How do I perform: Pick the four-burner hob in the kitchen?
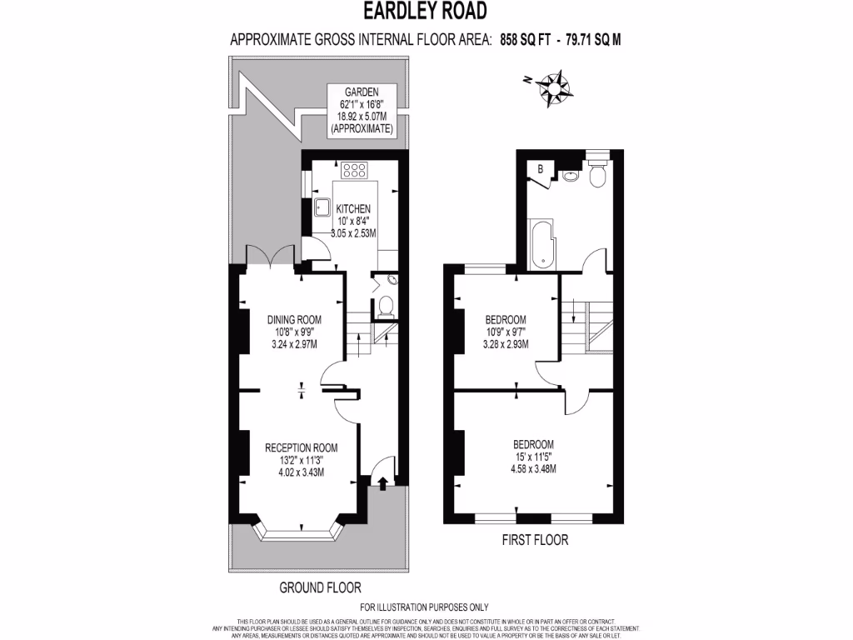tap(356, 170)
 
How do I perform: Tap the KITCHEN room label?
tap(353, 209)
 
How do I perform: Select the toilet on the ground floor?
tap(385, 307)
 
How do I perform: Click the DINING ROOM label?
tap(294, 319)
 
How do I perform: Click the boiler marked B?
tap(541, 169)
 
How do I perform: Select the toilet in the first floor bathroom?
tap(597, 175)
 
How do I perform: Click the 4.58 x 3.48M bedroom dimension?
tap(533, 468)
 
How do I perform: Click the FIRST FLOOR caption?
tap(535, 540)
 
